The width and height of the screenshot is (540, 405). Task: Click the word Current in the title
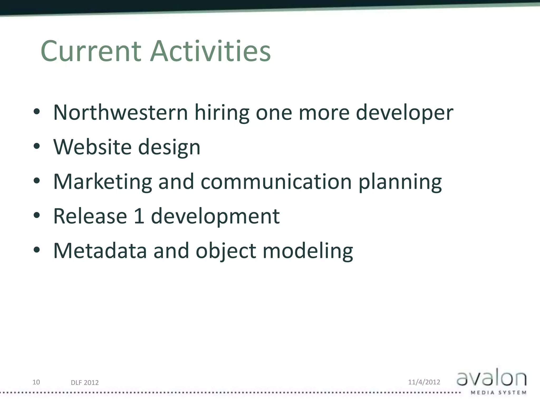pos(91,51)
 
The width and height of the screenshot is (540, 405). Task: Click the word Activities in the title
pos(210,51)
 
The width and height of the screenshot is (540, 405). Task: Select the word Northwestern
pos(120,113)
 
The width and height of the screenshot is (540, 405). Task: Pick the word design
pos(169,148)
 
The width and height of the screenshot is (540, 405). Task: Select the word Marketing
pos(103,182)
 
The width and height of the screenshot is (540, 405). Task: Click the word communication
pos(276,182)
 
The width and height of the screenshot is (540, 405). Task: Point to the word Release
pos(90,216)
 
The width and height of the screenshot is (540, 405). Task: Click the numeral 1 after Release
pos(139,216)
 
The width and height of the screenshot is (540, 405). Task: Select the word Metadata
pos(100,251)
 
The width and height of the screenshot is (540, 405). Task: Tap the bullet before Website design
pos(37,146)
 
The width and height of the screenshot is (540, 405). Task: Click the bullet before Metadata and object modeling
pos(37,250)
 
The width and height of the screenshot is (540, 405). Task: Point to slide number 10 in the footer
pos(36,382)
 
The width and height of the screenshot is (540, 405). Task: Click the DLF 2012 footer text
pos(85,383)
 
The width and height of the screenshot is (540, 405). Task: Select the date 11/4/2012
pos(424,382)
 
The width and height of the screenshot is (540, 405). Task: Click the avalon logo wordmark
pos(491,379)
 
